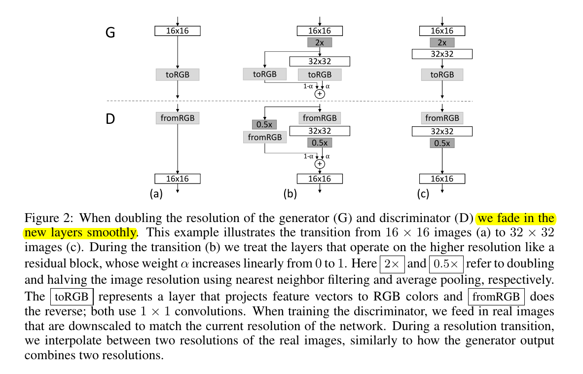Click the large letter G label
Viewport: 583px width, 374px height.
pos(111,33)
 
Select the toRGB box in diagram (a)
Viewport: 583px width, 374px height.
pos(177,75)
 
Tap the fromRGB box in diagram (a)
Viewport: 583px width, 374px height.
pos(177,118)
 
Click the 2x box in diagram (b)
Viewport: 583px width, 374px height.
pos(320,42)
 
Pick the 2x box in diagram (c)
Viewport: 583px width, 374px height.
pos(442,42)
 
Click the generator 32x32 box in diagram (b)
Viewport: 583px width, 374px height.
pos(320,61)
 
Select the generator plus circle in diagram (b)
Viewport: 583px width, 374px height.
pos(320,93)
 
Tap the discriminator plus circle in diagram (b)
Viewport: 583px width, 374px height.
pos(320,164)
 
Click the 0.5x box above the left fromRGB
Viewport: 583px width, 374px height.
pos(265,124)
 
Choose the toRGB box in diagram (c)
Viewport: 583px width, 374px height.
pos(442,75)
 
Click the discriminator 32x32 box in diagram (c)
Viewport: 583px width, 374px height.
pos(442,131)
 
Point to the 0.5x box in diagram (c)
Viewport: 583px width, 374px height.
pos(442,143)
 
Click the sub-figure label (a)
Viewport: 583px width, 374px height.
pos(156,194)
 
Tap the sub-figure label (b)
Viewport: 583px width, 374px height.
pos(290,194)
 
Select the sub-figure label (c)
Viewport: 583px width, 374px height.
pos(423,194)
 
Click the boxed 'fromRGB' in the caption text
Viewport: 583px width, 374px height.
pos(496,298)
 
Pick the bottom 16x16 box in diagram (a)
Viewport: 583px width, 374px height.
pos(177,179)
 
